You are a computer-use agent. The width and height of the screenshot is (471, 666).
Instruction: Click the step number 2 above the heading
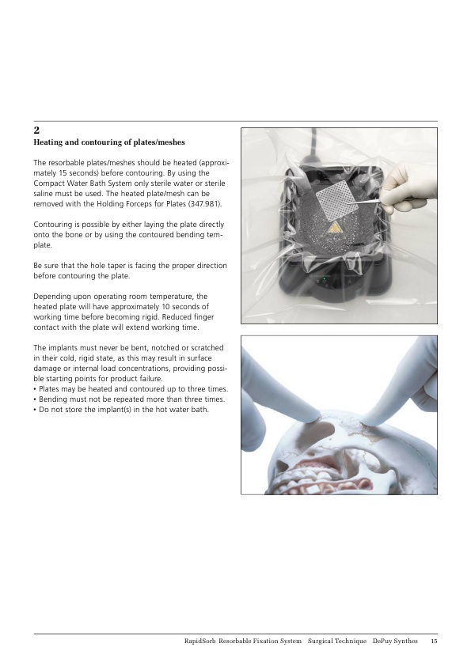[36, 130]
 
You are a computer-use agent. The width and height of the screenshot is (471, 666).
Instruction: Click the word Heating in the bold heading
[48, 142]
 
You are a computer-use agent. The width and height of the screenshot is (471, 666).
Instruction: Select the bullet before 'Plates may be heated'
[35, 389]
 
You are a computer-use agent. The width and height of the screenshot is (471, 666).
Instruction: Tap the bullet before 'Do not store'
[35, 410]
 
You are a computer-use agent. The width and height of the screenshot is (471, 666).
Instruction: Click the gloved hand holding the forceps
[409, 187]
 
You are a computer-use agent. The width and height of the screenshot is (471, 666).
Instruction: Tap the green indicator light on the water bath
[324, 278]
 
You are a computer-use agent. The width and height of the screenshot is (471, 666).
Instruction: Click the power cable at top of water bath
[313, 145]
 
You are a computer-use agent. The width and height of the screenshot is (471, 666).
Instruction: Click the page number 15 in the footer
[434, 641]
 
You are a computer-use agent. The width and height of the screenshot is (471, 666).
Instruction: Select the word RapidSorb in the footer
[199, 641]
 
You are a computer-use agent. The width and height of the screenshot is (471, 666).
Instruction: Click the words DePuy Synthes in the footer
[395, 641]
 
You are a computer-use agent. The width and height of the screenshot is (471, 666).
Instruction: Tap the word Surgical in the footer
[321, 641]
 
